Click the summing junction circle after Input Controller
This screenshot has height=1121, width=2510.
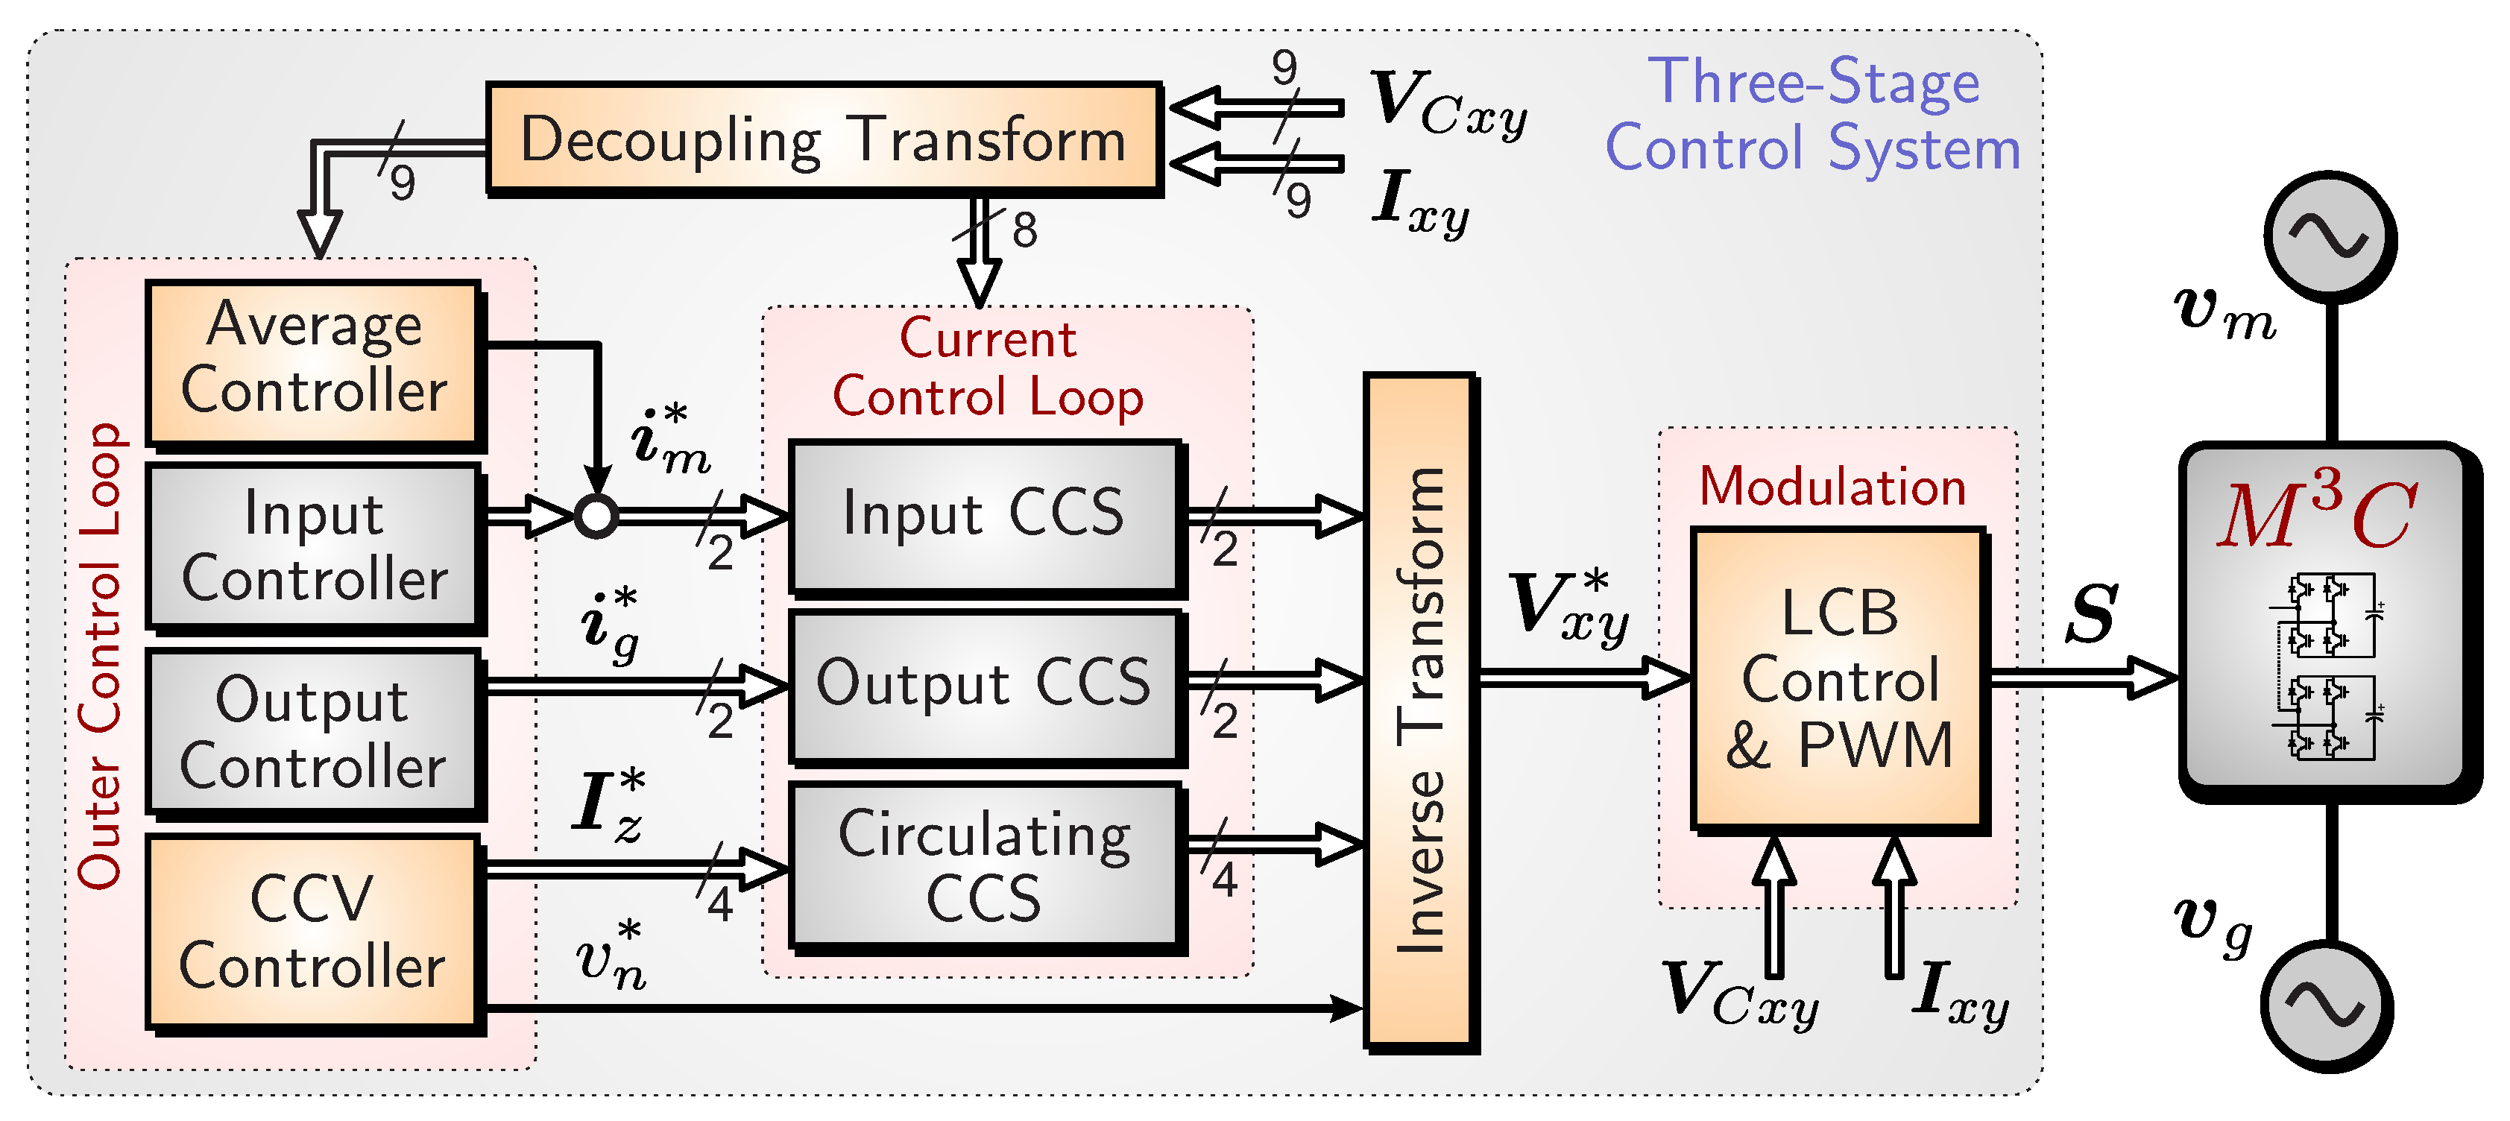pyautogui.click(x=596, y=517)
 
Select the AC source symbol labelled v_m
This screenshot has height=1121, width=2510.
pyautogui.click(x=2330, y=237)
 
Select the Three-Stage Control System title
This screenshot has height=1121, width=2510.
pyautogui.click(x=1813, y=114)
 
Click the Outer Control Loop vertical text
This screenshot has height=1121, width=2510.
pyautogui.click(x=101, y=655)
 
